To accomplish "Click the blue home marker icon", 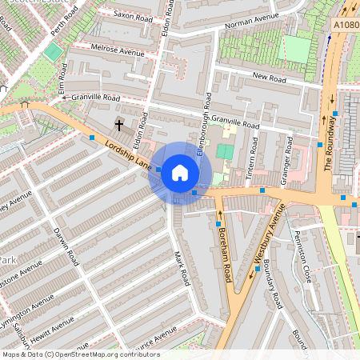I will click(180, 172).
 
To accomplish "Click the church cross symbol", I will click(119, 125).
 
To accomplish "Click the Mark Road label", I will click(182, 268).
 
